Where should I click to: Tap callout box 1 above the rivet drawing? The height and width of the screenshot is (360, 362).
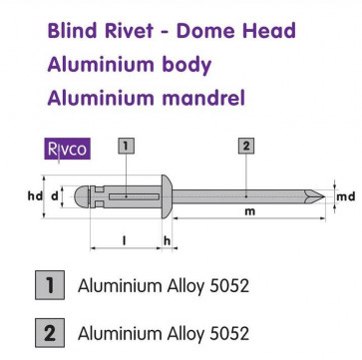coord(126,148)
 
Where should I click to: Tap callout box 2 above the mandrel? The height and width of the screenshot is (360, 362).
coord(245,148)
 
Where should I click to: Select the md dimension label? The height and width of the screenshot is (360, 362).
coord(346,195)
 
